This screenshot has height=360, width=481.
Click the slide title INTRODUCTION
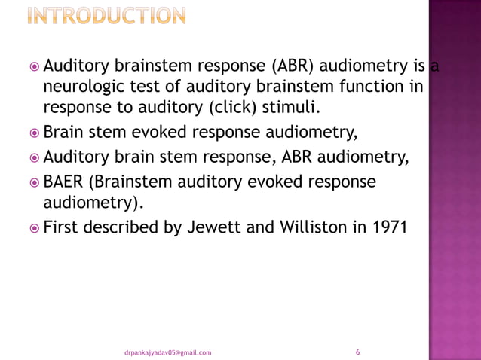coord(107,16)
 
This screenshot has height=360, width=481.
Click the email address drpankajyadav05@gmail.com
coord(168,352)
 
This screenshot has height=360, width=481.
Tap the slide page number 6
coord(357,352)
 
